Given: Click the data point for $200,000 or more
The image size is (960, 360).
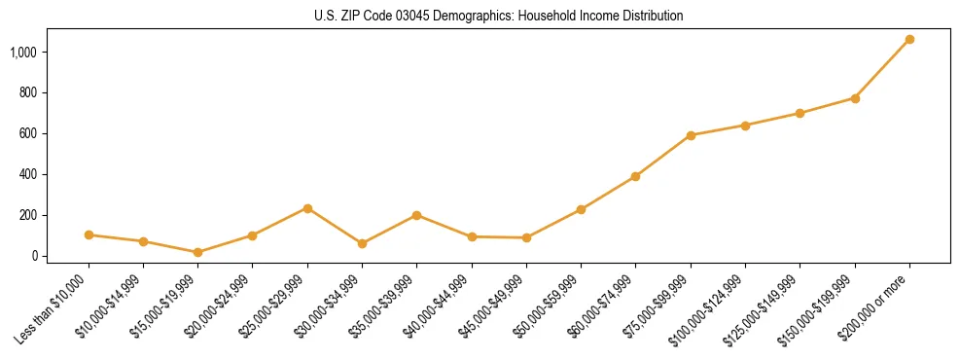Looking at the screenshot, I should [909, 40].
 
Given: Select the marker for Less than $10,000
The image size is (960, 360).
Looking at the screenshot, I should [89, 234].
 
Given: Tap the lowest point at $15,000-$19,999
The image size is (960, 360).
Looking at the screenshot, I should [197, 252].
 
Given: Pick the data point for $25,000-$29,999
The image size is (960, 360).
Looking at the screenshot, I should [307, 208].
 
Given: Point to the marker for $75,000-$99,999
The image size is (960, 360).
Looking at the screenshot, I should [691, 135].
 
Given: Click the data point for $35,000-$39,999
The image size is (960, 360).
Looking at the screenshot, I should [416, 215].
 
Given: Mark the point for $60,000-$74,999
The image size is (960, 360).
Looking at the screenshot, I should [635, 176].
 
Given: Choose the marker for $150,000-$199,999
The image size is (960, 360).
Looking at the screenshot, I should [855, 98].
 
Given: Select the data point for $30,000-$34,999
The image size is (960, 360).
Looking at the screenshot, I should [362, 243].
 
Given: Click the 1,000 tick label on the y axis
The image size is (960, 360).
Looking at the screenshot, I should [23, 52].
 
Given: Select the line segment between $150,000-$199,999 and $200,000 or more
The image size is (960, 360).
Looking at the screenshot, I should [882, 69].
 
